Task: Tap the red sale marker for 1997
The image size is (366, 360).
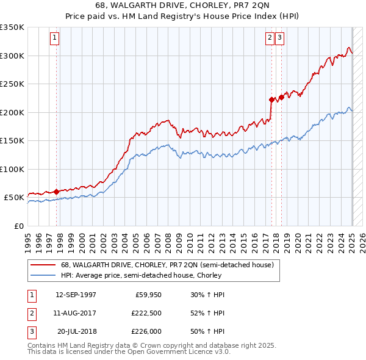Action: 56,192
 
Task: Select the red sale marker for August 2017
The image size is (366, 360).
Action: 271,99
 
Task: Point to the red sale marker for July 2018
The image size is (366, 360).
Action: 281,97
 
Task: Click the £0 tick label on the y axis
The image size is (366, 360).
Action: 18,226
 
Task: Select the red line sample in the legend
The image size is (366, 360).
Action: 44,265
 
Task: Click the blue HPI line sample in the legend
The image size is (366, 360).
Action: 44,275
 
